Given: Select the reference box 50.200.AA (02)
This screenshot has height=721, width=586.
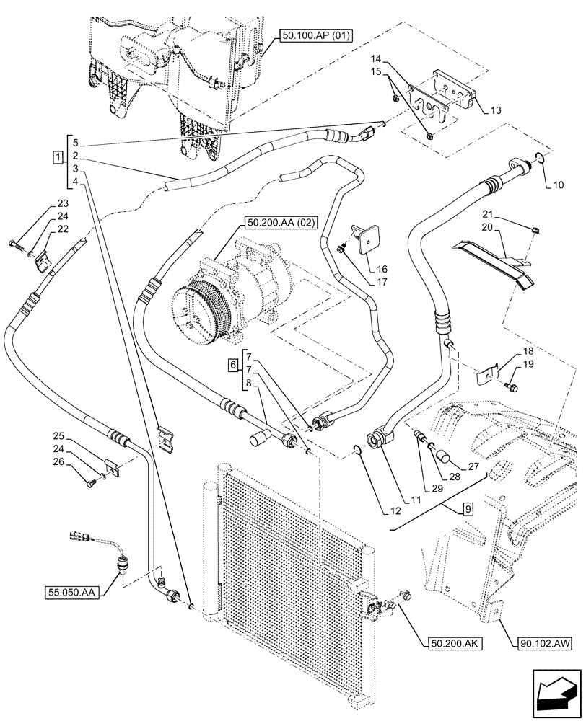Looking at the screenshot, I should click(x=281, y=223).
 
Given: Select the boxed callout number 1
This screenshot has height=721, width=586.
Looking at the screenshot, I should click(x=56, y=156).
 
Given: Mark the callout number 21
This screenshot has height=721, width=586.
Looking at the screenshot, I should click(x=507, y=216).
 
